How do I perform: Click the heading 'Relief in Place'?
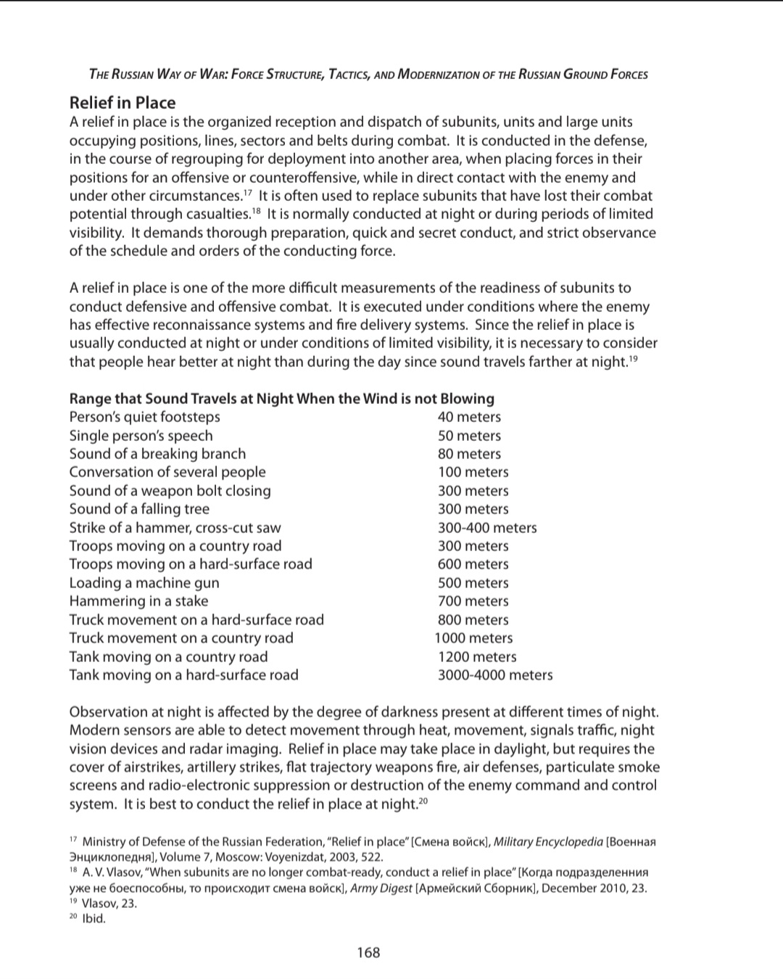point(123,103)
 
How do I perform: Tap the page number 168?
point(368,952)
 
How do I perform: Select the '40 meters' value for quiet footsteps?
point(469,417)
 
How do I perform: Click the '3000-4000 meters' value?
point(495,675)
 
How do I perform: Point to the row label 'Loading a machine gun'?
point(144,583)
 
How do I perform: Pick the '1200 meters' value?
point(477,657)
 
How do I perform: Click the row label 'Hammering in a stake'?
point(138,601)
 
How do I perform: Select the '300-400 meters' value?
point(487,528)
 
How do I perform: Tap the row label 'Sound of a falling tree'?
point(139,509)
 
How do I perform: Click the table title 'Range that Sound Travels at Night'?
point(281,399)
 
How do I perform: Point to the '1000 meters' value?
point(473,638)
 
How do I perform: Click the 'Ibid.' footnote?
point(94,919)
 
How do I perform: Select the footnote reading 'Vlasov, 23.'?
point(109,904)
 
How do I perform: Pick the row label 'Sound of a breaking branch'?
point(157,454)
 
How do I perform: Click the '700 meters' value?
point(473,601)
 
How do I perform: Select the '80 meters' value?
point(469,454)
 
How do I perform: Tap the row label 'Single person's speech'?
point(141,436)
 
